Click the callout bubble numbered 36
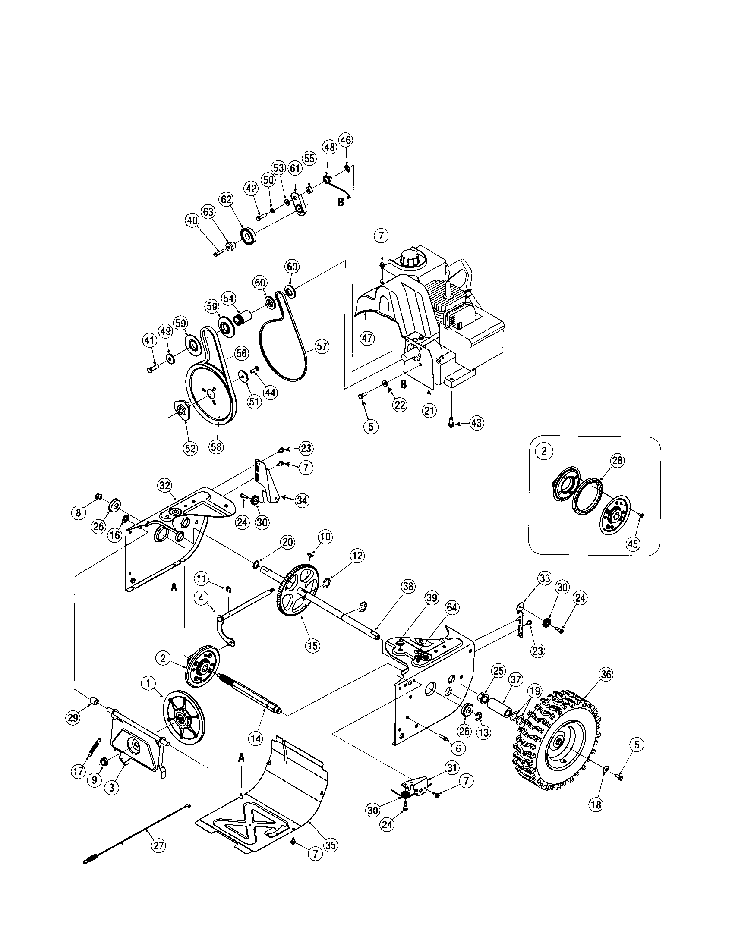606,674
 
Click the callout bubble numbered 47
368,338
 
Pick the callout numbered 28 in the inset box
617,461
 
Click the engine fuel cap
410,258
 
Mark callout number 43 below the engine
477,423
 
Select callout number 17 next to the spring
79,772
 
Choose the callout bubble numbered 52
190,448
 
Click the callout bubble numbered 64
451,608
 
